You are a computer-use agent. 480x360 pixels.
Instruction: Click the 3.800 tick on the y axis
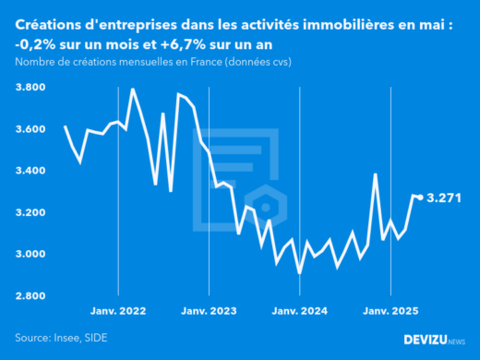(x=33, y=88)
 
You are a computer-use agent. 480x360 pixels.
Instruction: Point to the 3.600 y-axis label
(x=33, y=129)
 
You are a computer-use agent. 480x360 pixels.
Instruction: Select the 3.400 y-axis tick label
(x=33, y=171)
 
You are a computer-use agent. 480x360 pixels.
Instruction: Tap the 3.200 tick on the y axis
(x=33, y=212)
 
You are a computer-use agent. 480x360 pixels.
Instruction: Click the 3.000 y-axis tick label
(x=33, y=254)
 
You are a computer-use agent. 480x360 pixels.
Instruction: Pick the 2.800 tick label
(x=33, y=295)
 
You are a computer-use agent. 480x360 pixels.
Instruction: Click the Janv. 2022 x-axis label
(x=119, y=310)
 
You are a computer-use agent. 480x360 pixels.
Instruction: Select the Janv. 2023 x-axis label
(x=210, y=310)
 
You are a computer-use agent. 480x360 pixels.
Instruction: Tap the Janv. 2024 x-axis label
(x=300, y=310)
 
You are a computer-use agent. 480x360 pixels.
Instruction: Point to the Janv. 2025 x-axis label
(x=390, y=310)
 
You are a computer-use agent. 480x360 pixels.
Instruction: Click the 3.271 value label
(x=445, y=198)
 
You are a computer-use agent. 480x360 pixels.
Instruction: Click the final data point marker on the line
(x=421, y=197)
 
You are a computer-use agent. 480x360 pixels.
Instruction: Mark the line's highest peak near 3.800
(x=133, y=90)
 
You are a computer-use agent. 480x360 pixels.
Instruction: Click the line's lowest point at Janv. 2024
(x=299, y=272)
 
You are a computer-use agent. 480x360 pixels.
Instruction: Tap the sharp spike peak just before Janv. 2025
(x=375, y=174)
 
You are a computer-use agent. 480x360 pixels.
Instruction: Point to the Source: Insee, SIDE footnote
(x=60, y=338)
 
